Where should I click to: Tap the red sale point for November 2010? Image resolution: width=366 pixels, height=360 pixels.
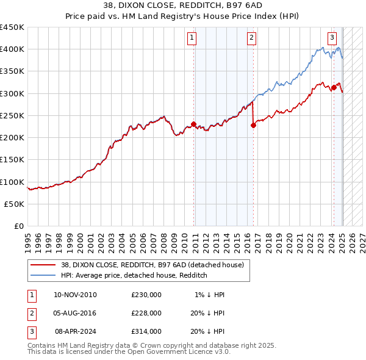(x=193, y=124)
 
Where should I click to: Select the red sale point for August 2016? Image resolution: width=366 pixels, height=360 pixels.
(x=253, y=126)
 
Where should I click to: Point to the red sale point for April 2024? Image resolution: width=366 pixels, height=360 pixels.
(x=334, y=88)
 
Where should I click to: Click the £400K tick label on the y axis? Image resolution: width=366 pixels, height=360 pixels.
(x=12, y=49)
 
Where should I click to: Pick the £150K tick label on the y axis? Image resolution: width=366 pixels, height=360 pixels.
(x=12, y=160)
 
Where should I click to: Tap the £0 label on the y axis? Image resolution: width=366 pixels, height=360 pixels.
(x=20, y=226)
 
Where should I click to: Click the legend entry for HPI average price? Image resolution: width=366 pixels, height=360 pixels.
(x=134, y=276)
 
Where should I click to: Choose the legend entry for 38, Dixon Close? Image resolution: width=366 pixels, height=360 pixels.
(x=152, y=265)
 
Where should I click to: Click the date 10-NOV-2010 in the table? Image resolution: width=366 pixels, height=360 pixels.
(x=75, y=295)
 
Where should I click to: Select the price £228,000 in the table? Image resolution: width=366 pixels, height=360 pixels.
(x=146, y=313)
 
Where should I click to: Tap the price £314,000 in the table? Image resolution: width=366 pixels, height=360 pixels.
(x=146, y=331)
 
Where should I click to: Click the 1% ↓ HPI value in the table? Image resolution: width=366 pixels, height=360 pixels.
(x=210, y=295)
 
